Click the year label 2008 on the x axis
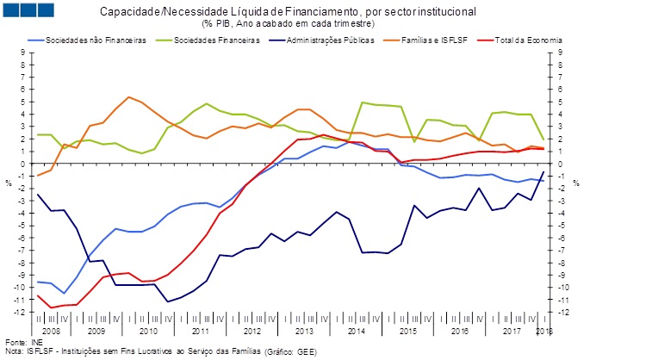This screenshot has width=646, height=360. point(50,330)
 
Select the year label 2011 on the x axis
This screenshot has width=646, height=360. point(201,330)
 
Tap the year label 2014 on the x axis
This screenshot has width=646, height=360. point(357,330)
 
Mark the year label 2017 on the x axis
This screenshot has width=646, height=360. point(512,330)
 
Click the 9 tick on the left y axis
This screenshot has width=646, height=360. point(23,53)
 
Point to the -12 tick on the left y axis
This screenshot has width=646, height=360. point(21,313)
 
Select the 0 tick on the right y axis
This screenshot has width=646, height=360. point(559,164)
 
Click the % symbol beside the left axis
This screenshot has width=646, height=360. point(8,183)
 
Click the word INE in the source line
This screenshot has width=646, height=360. point(35,342)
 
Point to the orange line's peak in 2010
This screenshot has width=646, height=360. point(128,97)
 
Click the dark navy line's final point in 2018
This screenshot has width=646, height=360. point(544,172)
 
